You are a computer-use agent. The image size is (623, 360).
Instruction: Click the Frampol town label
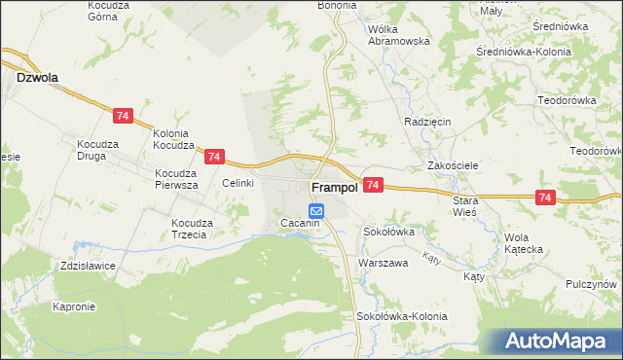332,187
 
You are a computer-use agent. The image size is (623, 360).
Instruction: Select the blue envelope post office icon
316,210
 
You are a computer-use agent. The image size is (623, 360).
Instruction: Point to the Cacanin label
300,224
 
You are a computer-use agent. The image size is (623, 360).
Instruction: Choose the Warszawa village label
382,264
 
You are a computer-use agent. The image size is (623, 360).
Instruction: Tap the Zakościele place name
453,165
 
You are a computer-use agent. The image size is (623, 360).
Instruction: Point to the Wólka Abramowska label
398,35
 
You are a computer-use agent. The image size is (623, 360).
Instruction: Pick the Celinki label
238,183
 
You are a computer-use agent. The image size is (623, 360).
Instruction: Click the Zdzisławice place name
87,266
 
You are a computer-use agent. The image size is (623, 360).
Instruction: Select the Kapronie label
74,306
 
